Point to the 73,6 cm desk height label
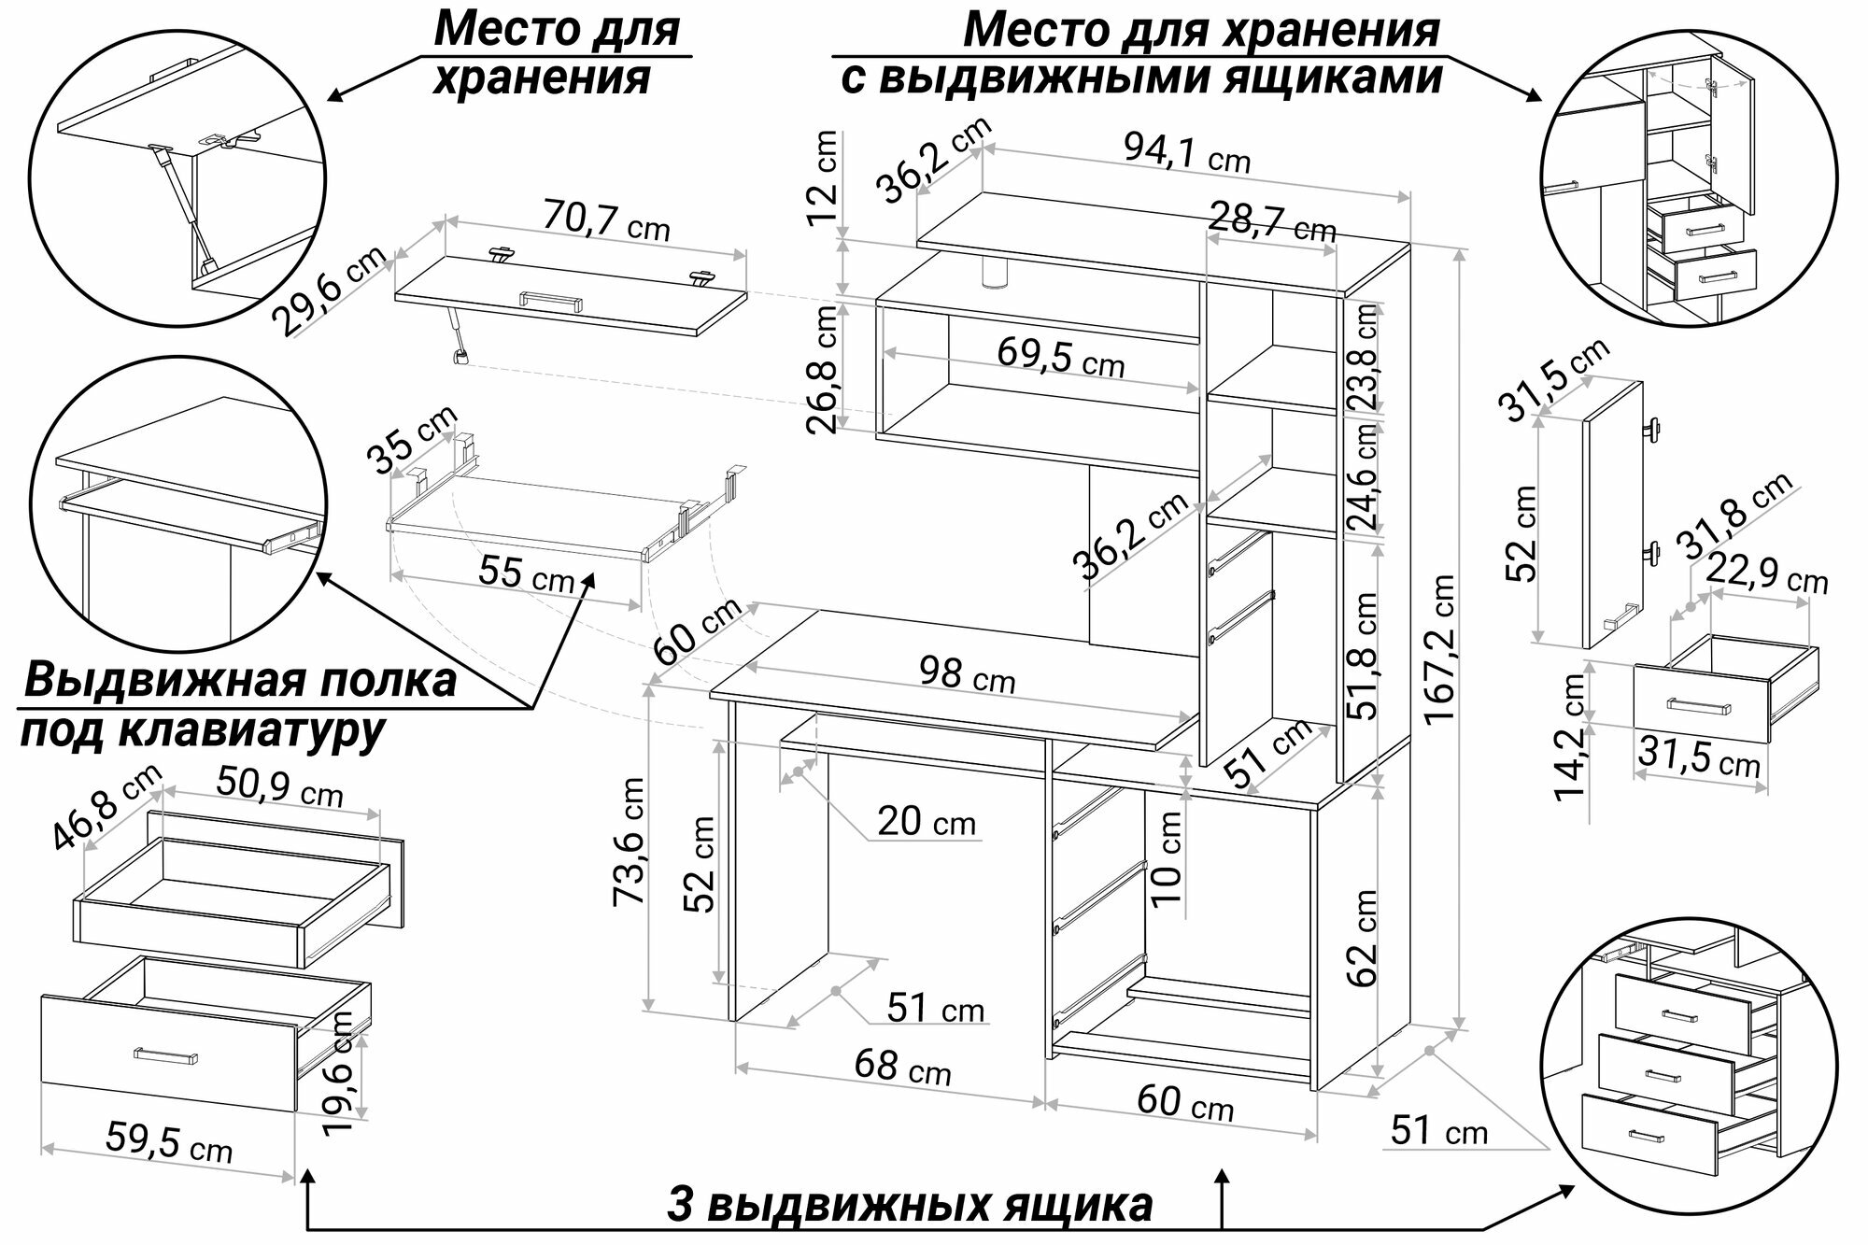[629, 841]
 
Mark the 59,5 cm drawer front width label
[169, 1141]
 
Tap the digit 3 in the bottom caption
[681, 1205]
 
